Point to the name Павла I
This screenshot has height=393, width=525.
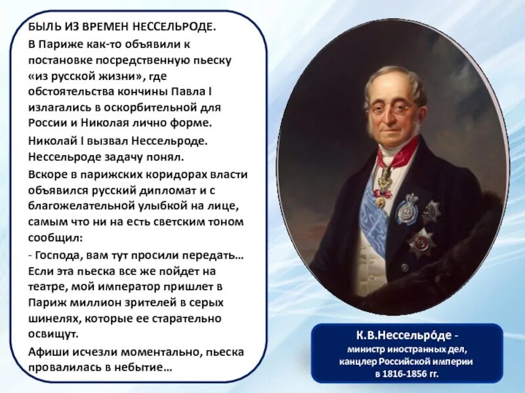click(x=207, y=91)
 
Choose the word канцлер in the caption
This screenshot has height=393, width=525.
click(x=360, y=361)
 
